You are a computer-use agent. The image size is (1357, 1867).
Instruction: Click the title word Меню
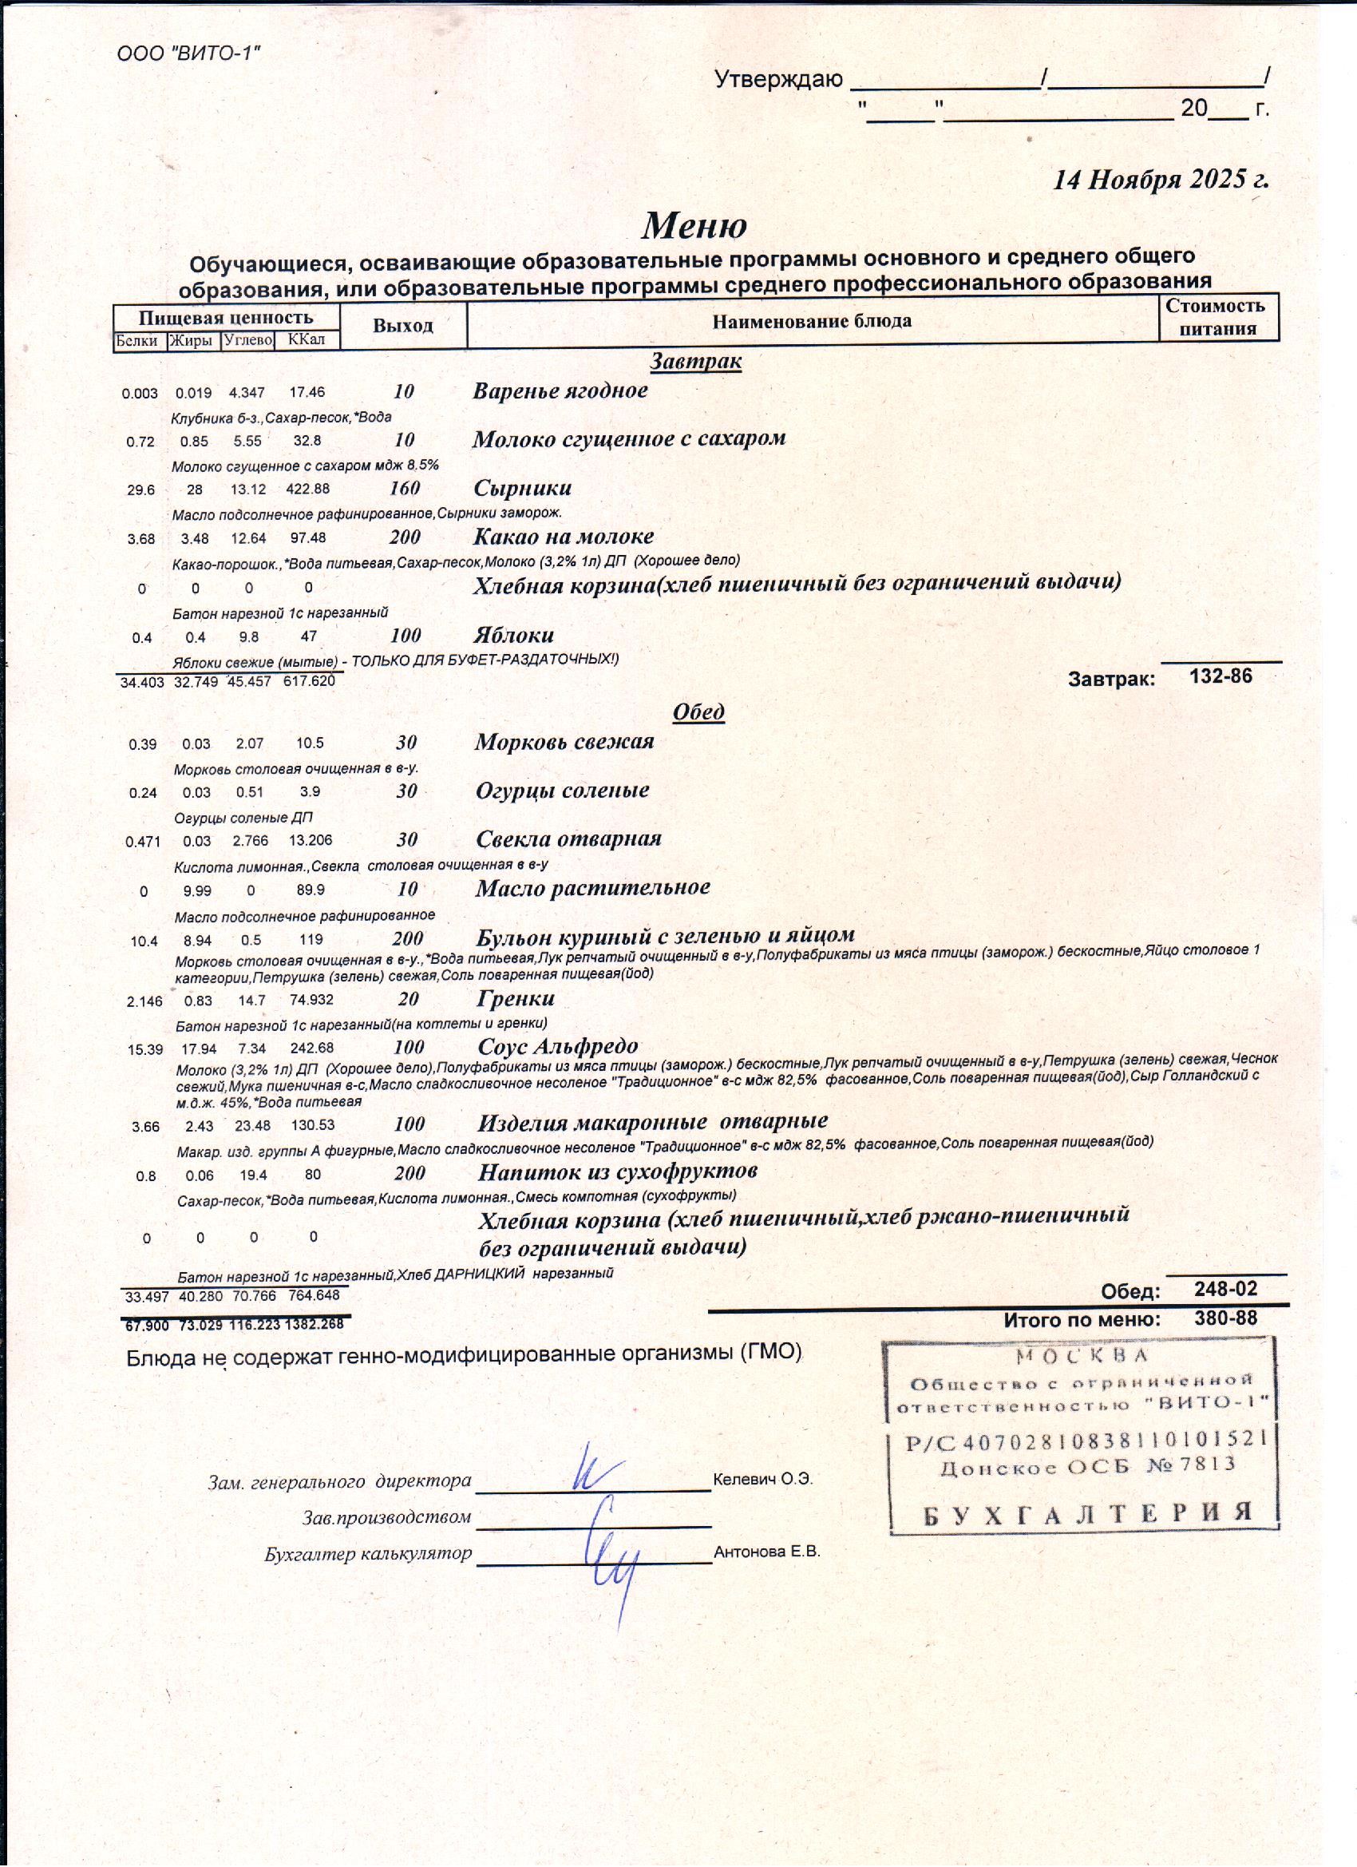694,225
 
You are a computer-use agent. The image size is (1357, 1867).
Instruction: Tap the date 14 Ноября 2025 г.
1161,180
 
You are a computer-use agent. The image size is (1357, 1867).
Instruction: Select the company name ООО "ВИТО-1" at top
188,54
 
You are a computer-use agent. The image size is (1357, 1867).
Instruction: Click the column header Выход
402,325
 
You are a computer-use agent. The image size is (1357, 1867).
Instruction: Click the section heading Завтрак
695,361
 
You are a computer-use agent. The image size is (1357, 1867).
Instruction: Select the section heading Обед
698,712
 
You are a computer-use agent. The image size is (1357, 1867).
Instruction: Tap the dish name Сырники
523,487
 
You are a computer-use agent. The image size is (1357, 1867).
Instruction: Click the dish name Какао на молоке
564,537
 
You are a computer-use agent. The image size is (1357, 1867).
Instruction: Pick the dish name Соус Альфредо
558,1046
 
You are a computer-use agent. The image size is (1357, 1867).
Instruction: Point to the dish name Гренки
516,998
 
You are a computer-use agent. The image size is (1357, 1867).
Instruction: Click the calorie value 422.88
308,489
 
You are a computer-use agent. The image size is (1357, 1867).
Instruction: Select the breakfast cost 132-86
1221,676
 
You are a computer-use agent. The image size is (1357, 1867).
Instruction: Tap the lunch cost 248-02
1225,1289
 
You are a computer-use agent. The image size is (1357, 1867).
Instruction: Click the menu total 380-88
1225,1318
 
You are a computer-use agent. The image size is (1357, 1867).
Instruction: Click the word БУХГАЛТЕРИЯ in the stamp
1088,1512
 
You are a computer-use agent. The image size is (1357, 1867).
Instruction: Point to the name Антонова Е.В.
767,1552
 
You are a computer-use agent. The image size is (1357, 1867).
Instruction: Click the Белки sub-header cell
138,341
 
